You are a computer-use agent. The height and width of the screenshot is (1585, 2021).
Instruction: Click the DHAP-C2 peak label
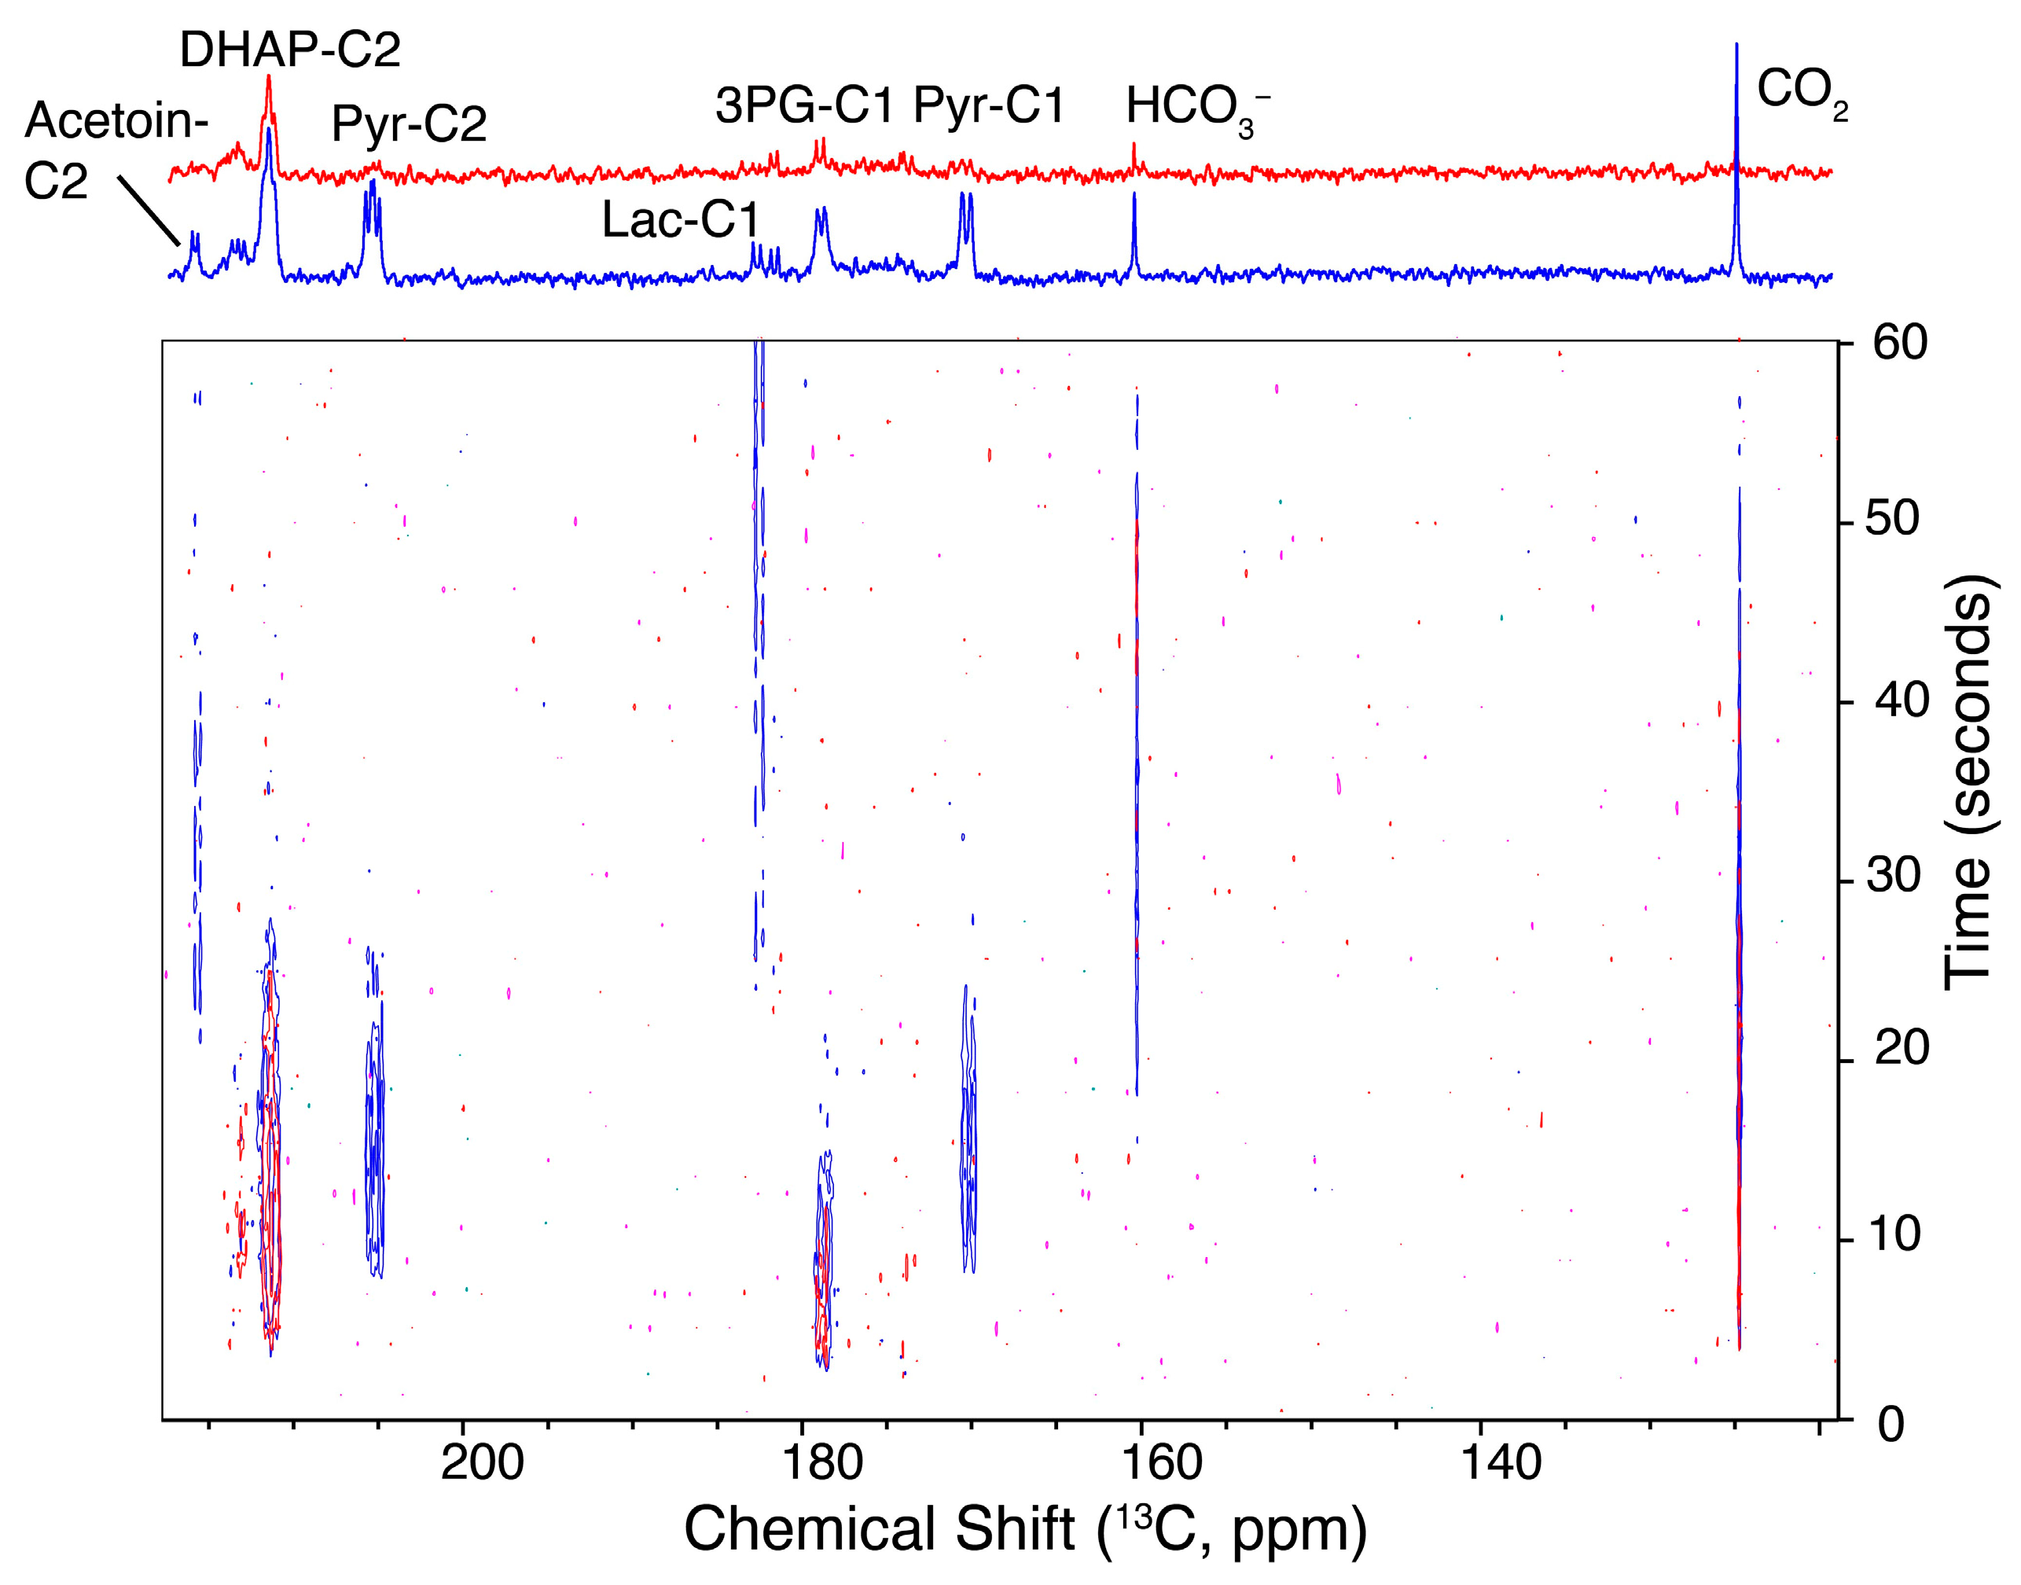tap(289, 50)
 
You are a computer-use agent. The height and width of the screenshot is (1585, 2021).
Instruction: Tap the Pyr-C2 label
tap(410, 123)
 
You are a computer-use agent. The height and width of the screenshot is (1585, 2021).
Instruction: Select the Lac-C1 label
tap(681, 220)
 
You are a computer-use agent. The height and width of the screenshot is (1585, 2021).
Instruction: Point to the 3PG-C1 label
tap(803, 105)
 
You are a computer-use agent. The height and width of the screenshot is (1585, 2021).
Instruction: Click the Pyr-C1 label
tap(989, 105)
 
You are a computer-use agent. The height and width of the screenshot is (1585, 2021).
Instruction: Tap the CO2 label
tap(1801, 92)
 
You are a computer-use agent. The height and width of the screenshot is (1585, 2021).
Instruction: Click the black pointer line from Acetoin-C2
tap(149, 210)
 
